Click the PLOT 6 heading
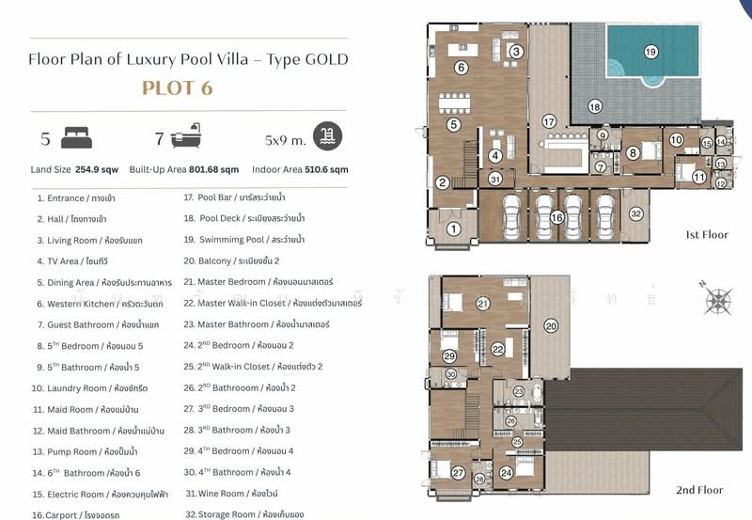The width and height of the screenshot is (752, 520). pos(178,89)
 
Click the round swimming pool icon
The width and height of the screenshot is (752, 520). pos(328,135)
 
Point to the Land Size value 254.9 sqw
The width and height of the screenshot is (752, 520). pos(97,170)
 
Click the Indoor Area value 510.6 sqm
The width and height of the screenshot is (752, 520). pos(326,170)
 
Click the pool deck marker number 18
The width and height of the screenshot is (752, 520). pos(594,107)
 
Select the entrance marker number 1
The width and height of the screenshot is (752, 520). pos(452,228)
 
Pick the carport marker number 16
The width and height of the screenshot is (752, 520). pos(556,217)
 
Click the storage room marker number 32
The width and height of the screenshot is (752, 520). pos(635,214)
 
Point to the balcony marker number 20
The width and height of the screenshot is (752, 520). pos(551,325)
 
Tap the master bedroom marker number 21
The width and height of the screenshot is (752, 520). pos(482,304)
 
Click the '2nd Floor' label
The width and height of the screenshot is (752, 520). pos(699,490)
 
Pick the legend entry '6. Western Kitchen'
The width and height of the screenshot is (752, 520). pos(99,304)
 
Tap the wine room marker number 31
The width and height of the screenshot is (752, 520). pos(495,179)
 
